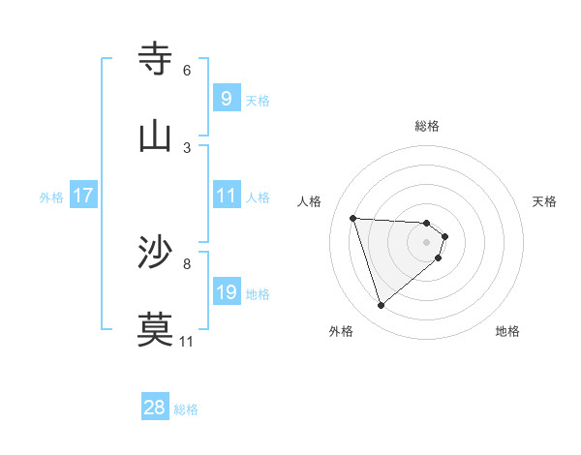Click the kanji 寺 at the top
(x=156, y=60)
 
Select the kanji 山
(x=156, y=136)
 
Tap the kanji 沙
(x=156, y=253)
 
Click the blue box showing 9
(x=226, y=99)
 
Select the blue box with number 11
(x=226, y=196)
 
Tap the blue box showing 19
(x=226, y=292)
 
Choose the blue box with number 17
(x=82, y=196)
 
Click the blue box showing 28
(x=155, y=408)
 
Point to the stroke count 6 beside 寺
(x=187, y=71)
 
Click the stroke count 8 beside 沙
(x=187, y=263)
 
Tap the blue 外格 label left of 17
(x=51, y=197)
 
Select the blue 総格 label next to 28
(x=186, y=409)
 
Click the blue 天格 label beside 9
(x=258, y=100)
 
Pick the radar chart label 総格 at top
(x=427, y=126)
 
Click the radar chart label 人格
(x=310, y=201)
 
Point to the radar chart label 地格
(x=507, y=331)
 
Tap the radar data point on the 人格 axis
(x=353, y=218)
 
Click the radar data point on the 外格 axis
(x=381, y=305)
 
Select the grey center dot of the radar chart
(x=427, y=241)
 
